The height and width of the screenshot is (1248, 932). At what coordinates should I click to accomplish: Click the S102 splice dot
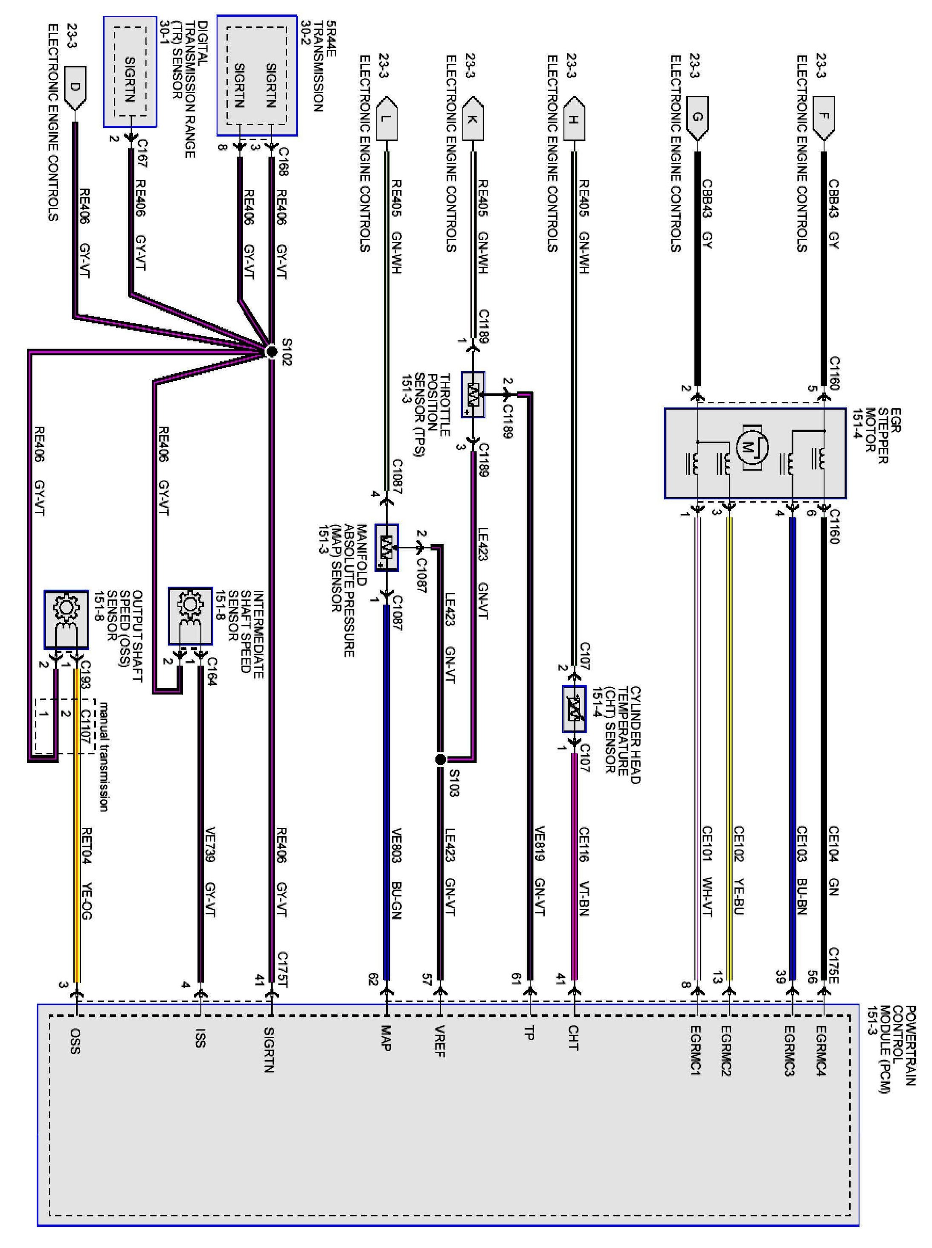[271, 352]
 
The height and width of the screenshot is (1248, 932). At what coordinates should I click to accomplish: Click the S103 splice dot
[441, 759]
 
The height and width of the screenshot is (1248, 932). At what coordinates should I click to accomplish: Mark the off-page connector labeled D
[75, 87]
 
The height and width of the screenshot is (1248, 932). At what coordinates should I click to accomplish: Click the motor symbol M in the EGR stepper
[749, 447]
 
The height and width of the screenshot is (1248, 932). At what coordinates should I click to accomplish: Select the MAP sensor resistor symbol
[386, 547]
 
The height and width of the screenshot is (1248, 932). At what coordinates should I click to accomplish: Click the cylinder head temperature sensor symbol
[574, 709]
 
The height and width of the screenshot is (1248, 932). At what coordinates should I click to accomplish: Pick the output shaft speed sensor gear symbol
[66, 608]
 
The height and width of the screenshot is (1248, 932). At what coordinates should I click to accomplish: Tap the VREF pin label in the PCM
[440, 1041]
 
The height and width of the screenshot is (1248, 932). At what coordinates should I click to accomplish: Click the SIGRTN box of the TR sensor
[130, 79]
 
